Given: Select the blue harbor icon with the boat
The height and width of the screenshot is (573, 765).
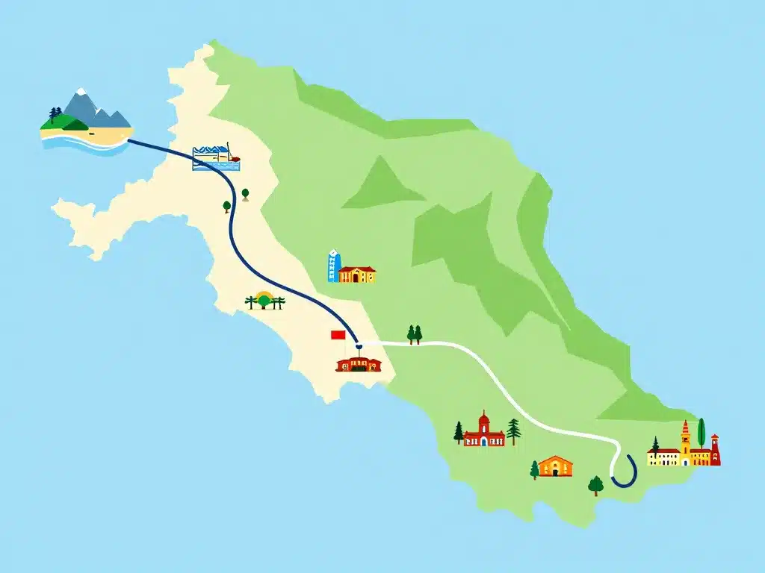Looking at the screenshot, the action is point(216,157).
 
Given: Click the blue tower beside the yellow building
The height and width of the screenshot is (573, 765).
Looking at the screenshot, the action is point(333,267).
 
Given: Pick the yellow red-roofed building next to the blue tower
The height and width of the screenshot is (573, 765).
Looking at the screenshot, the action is point(357,275).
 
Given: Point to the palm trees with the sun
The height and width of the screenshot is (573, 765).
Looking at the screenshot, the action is point(264,301).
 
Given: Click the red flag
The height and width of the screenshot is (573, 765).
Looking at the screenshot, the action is point(338,335).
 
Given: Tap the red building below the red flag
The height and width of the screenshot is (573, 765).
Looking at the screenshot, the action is point(359,364).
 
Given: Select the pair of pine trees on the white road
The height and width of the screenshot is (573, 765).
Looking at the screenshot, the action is point(414,334).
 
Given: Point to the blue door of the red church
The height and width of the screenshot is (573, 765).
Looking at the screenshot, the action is point(483,441).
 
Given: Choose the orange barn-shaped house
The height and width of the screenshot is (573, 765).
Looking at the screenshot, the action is point(555,466).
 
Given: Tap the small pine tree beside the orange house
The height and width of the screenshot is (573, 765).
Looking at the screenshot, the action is point(534,469).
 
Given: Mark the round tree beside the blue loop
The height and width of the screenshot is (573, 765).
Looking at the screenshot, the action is point(595,485).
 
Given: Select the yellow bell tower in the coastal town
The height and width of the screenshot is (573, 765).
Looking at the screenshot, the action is point(685,442).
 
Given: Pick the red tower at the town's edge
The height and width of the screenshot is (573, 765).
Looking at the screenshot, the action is point(715,450).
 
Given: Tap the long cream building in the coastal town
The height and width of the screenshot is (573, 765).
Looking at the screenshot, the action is point(663,457).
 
